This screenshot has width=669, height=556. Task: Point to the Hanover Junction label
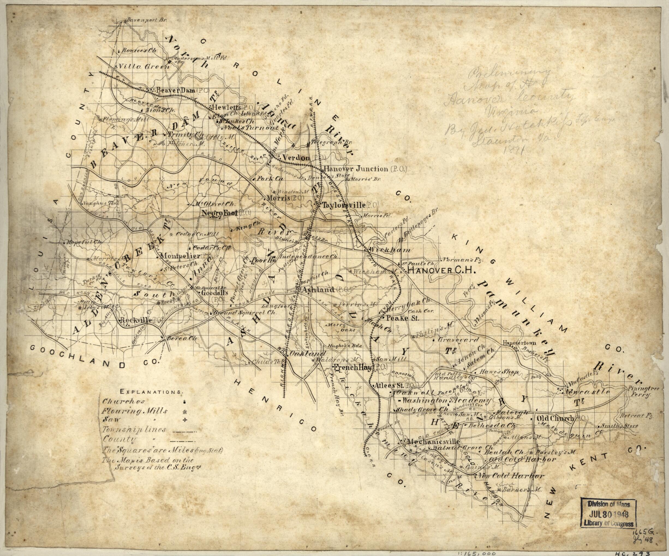click(x=356, y=169)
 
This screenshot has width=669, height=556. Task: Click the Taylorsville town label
click(x=344, y=205)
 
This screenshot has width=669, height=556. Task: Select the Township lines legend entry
click(x=135, y=430)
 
